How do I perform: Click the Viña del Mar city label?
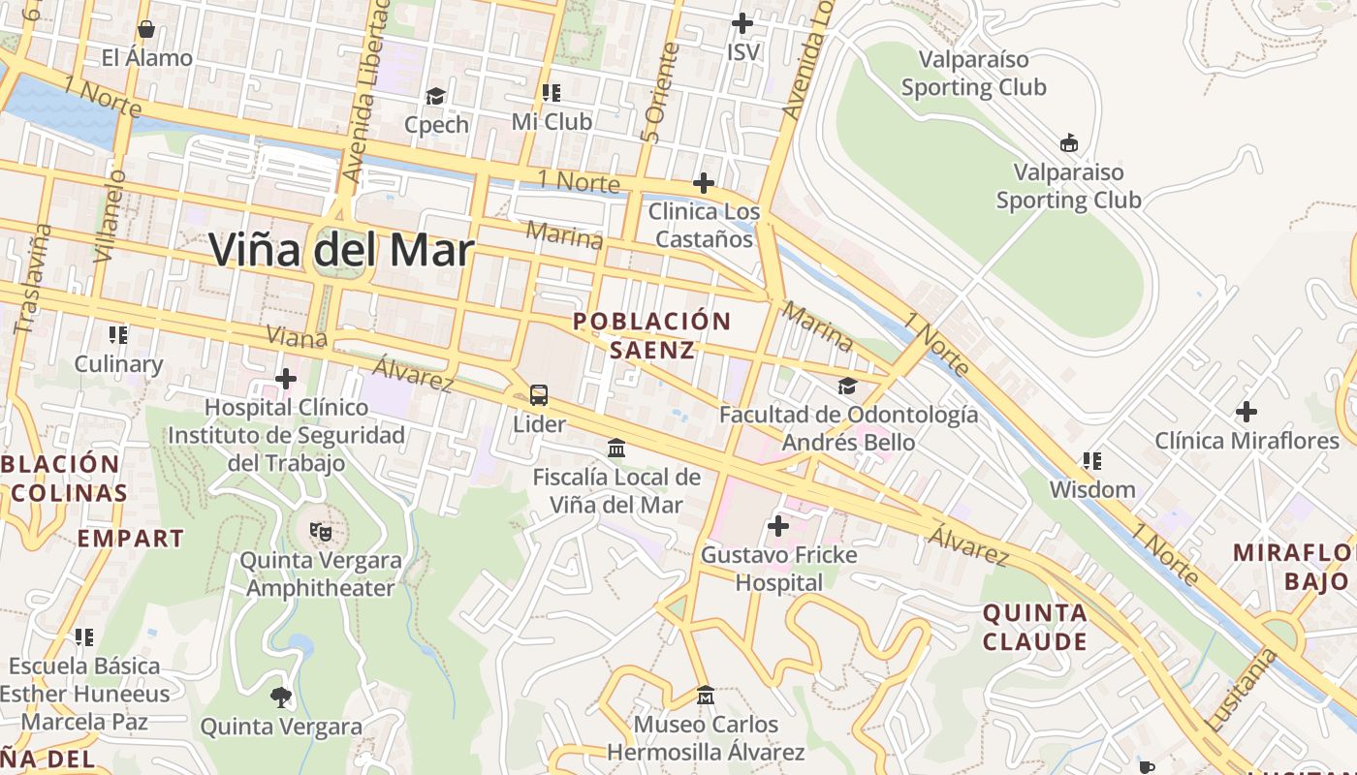[x=341, y=251]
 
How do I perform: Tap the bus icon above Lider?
[x=539, y=395]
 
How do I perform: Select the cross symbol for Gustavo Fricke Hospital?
[x=778, y=526]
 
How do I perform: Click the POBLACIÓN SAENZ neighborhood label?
[x=651, y=335]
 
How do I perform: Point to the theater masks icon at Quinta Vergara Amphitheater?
[x=320, y=531]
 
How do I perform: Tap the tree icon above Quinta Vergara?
[x=282, y=697]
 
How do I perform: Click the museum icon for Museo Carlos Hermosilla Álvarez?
[x=705, y=695]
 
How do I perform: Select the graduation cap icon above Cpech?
[x=435, y=96]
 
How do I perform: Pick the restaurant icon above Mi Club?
[x=551, y=93]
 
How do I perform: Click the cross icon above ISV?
[x=742, y=22]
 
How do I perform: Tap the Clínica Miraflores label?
[x=1246, y=441]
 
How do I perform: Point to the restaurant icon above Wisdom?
[x=1091, y=461]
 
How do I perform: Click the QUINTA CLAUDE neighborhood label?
[x=1035, y=627]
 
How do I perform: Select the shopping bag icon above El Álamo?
[x=146, y=29]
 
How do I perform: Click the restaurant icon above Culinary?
[x=118, y=335]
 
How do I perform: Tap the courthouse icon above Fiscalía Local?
[x=616, y=448]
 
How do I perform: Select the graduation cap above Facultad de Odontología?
[x=847, y=386]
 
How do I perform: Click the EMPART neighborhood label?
[x=130, y=539]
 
